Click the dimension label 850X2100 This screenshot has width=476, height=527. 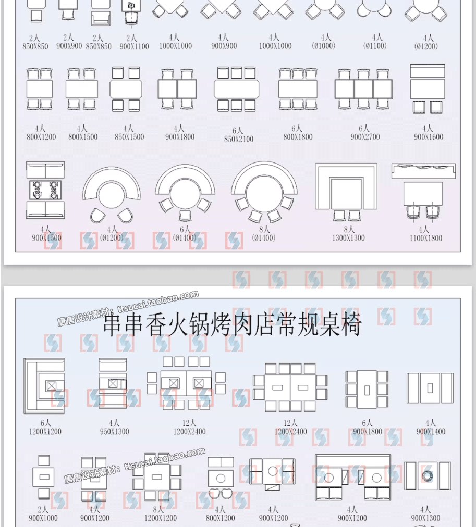pyautogui.click(x=239, y=140)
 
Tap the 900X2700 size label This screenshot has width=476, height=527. pyautogui.click(x=365, y=137)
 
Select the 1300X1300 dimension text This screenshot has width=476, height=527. pyautogui.click(x=349, y=238)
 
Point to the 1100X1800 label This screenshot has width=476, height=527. pyautogui.click(x=426, y=238)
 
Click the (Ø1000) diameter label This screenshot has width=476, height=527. pyautogui.click(x=326, y=46)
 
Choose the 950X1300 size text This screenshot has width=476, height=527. pyautogui.click(x=114, y=431)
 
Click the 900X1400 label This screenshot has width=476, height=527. pyautogui.click(x=431, y=432)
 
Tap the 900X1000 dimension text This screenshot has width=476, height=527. pyautogui.click(x=43, y=518)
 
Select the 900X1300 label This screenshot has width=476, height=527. pyautogui.click(x=425, y=518)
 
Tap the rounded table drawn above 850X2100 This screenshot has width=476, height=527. pyautogui.click(x=237, y=89)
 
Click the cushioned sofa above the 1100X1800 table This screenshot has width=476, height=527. pyautogui.click(x=424, y=171)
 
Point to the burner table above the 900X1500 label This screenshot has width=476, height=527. pyautogui.click(x=45, y=190)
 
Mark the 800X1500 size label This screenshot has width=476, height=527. pyautogui.click(x=83, y=137)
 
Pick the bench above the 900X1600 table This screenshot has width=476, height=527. pyautogui.click(x=427, y=71)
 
